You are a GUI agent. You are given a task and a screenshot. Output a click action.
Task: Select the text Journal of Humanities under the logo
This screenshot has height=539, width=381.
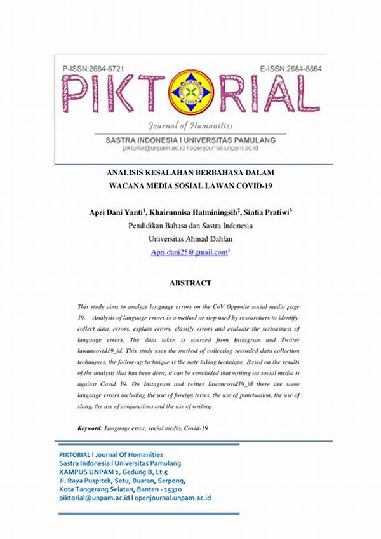[x=190, y=125]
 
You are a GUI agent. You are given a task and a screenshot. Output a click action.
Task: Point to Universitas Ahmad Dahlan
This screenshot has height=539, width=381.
[x=190, y=239]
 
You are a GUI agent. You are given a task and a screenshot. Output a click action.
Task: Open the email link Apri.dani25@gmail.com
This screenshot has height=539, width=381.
[x=189, y=252]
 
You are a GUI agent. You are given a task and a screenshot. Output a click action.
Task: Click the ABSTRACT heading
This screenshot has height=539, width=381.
[x=190, y=283]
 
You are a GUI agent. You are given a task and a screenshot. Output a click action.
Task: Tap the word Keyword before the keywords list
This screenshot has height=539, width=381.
[x=91, y=428]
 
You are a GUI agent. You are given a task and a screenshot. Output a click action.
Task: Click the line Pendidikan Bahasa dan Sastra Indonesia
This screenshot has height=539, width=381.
[x=190, y=226]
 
